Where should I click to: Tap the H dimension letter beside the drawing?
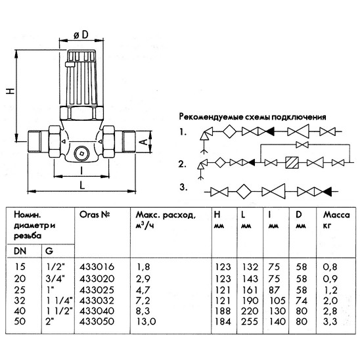[9, 92]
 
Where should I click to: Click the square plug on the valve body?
[80, 154]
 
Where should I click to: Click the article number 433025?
[94, 287]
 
